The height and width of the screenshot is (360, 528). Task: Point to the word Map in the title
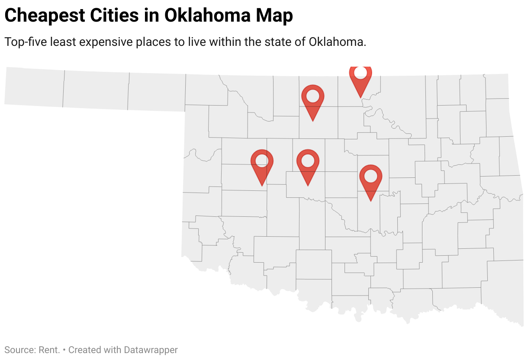[x=274, y=16]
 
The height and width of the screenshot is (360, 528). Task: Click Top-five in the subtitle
[x=25, y=42]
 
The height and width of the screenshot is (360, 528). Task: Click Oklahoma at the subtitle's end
[x=338, y=42]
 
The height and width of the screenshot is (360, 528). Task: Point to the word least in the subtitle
[x=63, y=42]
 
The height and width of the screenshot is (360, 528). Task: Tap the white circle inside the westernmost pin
[x=262, y=161]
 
